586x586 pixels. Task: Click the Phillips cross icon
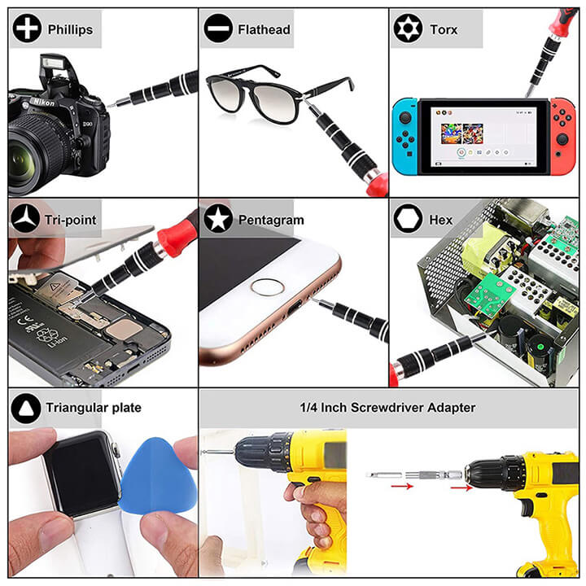[27, 28]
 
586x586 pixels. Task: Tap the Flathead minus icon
[218, 28]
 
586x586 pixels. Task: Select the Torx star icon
[408, 28]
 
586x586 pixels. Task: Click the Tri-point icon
[25, 219]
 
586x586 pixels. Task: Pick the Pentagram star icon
[218, 219]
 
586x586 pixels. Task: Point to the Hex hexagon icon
[408, 219]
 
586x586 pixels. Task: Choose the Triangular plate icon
[26, 408]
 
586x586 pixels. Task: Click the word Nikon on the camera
[44, 102]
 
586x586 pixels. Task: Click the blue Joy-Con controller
[405, 137]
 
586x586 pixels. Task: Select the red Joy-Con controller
[562, 137]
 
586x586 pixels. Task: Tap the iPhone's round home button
[267, 288]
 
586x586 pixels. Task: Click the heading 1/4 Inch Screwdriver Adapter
[387, 408]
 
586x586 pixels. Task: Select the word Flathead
[264, 29]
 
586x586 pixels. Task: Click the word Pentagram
[271, 220]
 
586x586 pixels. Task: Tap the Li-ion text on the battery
[57, 342]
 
